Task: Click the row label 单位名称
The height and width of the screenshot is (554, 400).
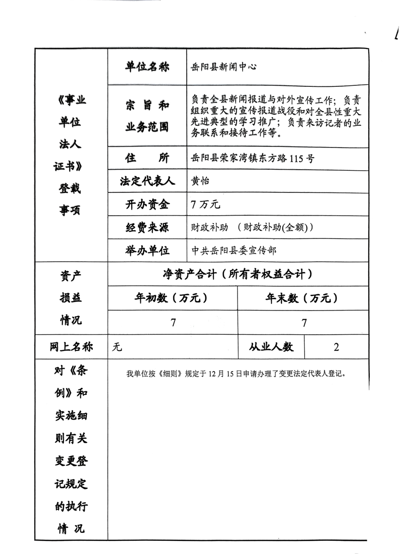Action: [x=147, y=67]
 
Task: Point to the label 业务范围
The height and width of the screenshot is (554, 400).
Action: [x=147, y=127]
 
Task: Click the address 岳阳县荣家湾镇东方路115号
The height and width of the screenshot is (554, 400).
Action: [x=253, y=159]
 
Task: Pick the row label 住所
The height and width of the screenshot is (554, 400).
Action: [x=147, y=158]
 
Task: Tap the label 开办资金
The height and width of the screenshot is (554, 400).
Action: [x=147, y=205]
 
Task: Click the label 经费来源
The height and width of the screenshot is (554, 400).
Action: [x=147, y=228]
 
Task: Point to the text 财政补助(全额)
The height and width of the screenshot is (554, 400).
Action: [x=277, y=228]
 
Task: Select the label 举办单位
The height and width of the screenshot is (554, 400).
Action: [x=147, y=250]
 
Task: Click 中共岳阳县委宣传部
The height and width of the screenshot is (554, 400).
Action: [x=234, y=250]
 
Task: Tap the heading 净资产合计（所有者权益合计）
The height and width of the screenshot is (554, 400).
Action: [x=237, y=274]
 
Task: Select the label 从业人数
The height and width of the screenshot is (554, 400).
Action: [x=271, y=347]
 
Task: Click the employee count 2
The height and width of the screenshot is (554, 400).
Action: [x=336, y=347]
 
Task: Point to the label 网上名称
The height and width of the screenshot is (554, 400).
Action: [x=71, y=347]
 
